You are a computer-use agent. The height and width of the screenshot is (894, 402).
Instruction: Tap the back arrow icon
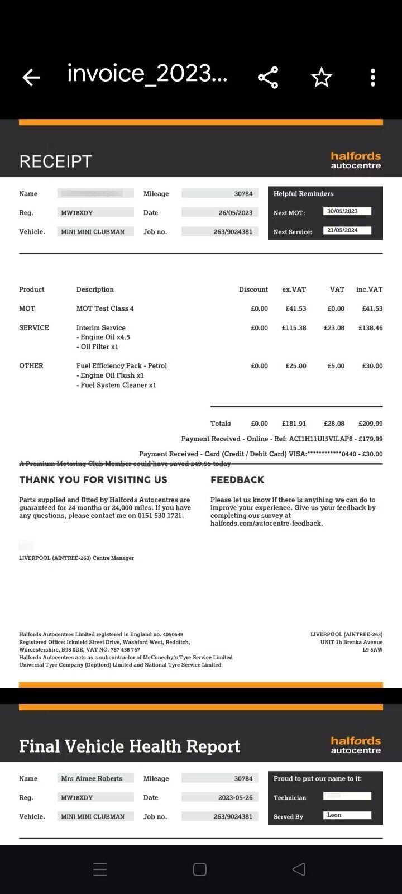click(31, 78)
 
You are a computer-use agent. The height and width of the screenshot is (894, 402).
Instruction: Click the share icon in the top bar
click(268, 78)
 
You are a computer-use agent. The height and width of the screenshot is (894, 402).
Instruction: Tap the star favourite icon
click(321, 78)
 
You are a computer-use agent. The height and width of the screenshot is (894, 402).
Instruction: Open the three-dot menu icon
click(373, 78)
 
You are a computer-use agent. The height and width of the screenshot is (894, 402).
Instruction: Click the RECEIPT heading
click(55, 161)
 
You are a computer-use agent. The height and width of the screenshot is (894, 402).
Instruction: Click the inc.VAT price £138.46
click(370, 328)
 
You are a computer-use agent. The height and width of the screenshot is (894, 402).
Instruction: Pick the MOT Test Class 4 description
click(105, 308)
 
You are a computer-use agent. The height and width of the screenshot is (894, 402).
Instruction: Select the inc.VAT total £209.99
click(370, 424)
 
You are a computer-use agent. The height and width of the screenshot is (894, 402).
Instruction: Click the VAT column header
click(337, 289)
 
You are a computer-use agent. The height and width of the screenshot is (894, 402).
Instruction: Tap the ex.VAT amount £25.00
click(295, 366)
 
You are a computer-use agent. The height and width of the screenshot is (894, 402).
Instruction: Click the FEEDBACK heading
click(237, 480)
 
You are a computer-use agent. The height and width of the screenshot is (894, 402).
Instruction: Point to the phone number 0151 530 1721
click(160, 516)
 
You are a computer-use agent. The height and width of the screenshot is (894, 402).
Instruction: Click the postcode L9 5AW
click(372, 650)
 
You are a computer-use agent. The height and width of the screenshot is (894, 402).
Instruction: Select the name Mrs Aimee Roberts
click(92, 778)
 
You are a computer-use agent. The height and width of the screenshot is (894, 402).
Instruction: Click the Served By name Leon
click(334, 815)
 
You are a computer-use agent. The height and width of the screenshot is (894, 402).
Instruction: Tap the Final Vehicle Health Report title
click(130, 746)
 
